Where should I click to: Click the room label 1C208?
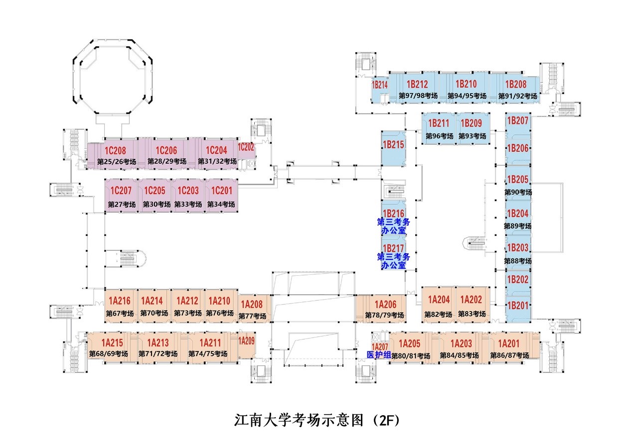(x=115, y=150)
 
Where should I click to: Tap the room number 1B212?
(x=417, y=84)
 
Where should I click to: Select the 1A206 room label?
(x=385, y=305)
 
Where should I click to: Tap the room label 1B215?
(x=393, y=145)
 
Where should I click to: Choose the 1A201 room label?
(x=509, y=343)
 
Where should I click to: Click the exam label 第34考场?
(x=221, y=204)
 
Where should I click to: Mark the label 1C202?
(x=246, y=147)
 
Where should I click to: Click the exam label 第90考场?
(x=518, y=192)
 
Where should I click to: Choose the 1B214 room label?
(x=380, y=85)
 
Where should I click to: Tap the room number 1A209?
(x=246, y=341)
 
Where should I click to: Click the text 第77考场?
(x=252, y=316)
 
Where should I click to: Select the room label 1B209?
(x=471, y=123)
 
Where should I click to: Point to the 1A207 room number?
(x=380, y=346)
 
